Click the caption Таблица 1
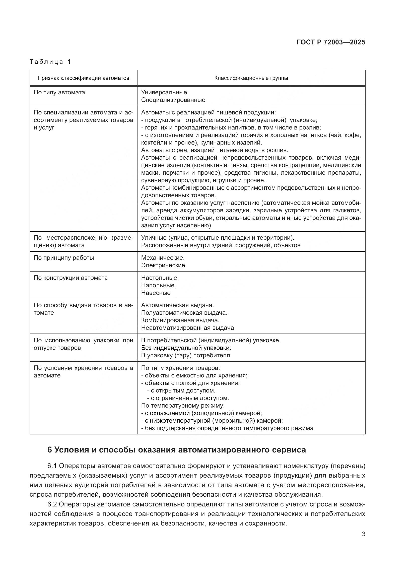[x=50, y=62]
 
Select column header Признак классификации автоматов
[x=83, y=78]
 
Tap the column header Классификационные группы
[x=251, y=78]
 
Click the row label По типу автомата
[x=59, y=92]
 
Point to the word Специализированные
[x=173, y=100]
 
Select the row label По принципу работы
[x=64, y=258]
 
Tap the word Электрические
[x=163, y=265]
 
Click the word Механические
[x=163, y=258]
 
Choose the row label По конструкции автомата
[x=71, y=278]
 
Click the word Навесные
[x=156, y=293]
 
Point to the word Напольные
[x=158, y=285]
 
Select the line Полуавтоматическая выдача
[x=184, y=313]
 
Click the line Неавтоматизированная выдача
[x=187, y=328]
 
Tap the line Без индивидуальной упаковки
[x=186, y=348]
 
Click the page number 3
[x=363, y=534]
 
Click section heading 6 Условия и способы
[x=176, y=450]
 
